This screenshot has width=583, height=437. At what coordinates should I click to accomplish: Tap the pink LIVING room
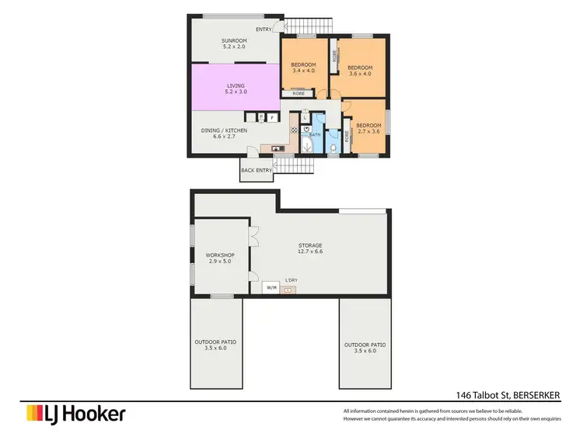click(236, 90)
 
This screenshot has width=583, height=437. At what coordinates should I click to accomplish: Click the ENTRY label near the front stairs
click(263, 29)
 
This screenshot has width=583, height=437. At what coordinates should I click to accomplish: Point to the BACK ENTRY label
click(257, 170)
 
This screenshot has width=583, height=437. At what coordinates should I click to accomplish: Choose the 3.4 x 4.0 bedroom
click(303, 68)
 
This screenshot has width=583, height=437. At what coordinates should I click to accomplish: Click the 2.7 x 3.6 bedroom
click(368, 129)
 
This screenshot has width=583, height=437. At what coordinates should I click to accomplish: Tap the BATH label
click(315, 134)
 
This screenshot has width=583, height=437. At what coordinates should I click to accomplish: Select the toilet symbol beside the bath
click(333, 148)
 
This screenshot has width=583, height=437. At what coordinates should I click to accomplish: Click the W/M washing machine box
click(271, 288)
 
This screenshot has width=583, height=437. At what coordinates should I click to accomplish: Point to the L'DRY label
click(292, 279)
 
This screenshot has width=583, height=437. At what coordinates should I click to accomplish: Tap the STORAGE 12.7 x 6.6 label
click(309, 248)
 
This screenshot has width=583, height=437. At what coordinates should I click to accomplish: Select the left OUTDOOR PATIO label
click(215, 345)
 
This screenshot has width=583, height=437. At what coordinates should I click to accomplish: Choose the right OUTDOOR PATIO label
click(365, 348)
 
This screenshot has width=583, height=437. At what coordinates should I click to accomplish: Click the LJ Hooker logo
click(76, 414)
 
